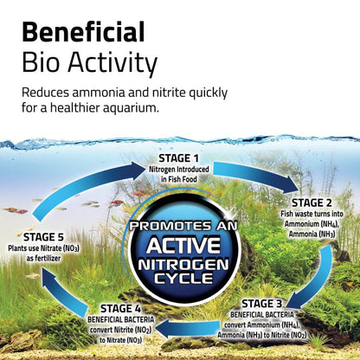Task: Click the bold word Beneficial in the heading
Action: coord(83,34)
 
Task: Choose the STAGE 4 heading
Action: coord(131,307)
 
